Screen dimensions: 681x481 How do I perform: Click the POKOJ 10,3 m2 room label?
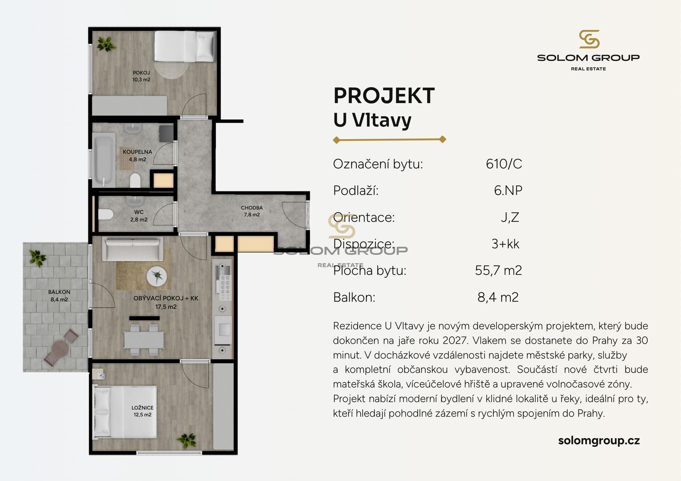pos(141,76)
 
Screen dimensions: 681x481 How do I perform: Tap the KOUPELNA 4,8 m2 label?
pos(137,156)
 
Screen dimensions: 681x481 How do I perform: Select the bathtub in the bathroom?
pos(104,160)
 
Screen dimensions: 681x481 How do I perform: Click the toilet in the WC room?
pos(105,214)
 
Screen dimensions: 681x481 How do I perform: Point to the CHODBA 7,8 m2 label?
pos(252,211)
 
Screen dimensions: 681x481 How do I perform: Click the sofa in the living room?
pos(133,248)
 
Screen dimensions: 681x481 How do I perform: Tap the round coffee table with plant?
pos(157,276)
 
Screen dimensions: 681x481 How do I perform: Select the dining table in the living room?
pos(144,340)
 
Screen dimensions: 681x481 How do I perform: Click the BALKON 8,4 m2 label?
pos(59,296)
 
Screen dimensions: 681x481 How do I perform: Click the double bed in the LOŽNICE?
pos(124,412)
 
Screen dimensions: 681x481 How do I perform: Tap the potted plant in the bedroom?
pos(187,440)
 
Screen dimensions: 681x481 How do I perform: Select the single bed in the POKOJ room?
pos(185,46)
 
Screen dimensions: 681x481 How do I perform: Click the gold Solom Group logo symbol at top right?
pos(589,39)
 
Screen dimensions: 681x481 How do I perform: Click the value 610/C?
pos(504,164)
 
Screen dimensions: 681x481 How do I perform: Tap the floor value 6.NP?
pos(508,191)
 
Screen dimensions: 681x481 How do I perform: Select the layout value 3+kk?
pos(505,244)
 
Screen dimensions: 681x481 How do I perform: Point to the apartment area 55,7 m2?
pos(498,270)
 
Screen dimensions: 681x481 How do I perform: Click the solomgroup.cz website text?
pos(599,441)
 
